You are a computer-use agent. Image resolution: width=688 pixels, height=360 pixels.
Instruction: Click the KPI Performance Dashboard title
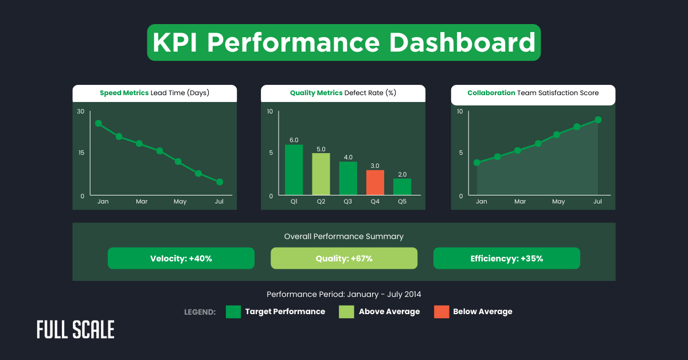pyautogui.click(x=344, y=43)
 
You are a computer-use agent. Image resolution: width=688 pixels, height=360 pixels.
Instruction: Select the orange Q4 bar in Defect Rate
pyautogui.click(x=375, y=182)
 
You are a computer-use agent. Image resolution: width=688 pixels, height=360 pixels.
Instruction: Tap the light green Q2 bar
pyautogui.click(x=321, y=174)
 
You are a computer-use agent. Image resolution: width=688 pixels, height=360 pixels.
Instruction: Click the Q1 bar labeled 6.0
pyautogui.click(x=294, y=170)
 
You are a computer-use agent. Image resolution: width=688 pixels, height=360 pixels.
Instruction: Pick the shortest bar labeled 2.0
pyautogui.click(x=402, y=187)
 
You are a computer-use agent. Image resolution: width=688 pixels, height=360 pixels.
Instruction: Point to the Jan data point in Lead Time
pyautogui.click(x=99, y=123)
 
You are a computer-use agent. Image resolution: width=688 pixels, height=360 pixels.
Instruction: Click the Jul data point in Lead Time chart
pyautogui.click(x=220, y=182)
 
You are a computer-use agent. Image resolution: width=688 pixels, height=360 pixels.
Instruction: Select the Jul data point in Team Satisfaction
pyautogui.click(x=598, y=120)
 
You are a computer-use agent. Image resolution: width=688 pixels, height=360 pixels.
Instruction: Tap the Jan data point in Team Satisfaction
pyautogui.click(x=477, y=162)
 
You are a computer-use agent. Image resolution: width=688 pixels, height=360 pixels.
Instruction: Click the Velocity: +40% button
pyautogui.click(x=181, y=259)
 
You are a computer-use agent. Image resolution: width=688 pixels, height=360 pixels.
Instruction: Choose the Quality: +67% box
pyautogui.click(x=344, y=259)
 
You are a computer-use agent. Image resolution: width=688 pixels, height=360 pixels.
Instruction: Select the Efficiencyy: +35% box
pyautogui.click(x=507, y=259)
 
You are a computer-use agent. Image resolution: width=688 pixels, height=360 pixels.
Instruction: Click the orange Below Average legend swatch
pyautogui.click(x=441, y=312)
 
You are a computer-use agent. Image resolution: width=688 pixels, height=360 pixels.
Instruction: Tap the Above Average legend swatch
pyautogui.click(x=346, y=312)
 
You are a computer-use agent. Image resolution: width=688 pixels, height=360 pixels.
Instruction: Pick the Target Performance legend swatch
pyautogui.click(x=233, y=312)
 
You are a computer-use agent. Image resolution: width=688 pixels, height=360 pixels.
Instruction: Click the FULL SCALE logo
pyautogui.click(x=76, y=330)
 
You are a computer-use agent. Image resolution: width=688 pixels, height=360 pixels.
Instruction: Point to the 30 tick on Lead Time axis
pyautogui.click(x=81, y=111)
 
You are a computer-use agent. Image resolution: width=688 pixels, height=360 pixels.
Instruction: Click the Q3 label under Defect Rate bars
pyautogui.click(x=348, y=202)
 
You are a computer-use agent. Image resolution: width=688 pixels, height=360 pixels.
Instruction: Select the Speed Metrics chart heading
pyautogui.click(x=155, y=93)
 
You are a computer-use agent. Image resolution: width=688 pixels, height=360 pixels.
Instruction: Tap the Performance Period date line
pyautogui.click(x=344, y=294)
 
